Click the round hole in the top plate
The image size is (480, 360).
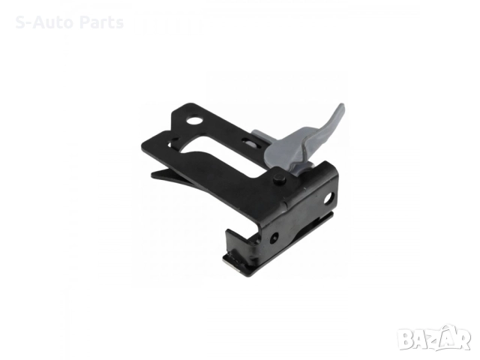tap(195, 120)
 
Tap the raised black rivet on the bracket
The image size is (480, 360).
tap(280, 178)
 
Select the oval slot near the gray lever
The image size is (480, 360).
tap(250, 142)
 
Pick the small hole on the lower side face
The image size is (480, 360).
tap(275, 236)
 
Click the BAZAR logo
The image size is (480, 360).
tap(434, 337)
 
